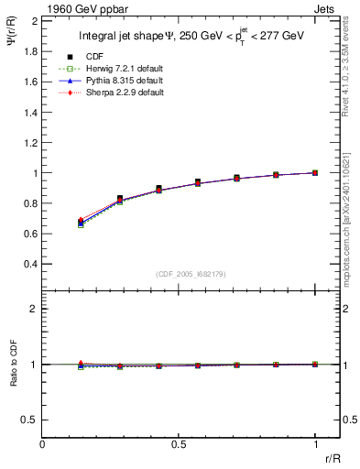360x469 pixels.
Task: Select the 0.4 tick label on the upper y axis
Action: [29, 264]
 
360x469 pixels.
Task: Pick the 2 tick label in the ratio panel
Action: [34, 309]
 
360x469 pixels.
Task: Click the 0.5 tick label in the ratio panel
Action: [29, 420]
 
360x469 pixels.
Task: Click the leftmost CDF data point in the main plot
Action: [82, 222]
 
